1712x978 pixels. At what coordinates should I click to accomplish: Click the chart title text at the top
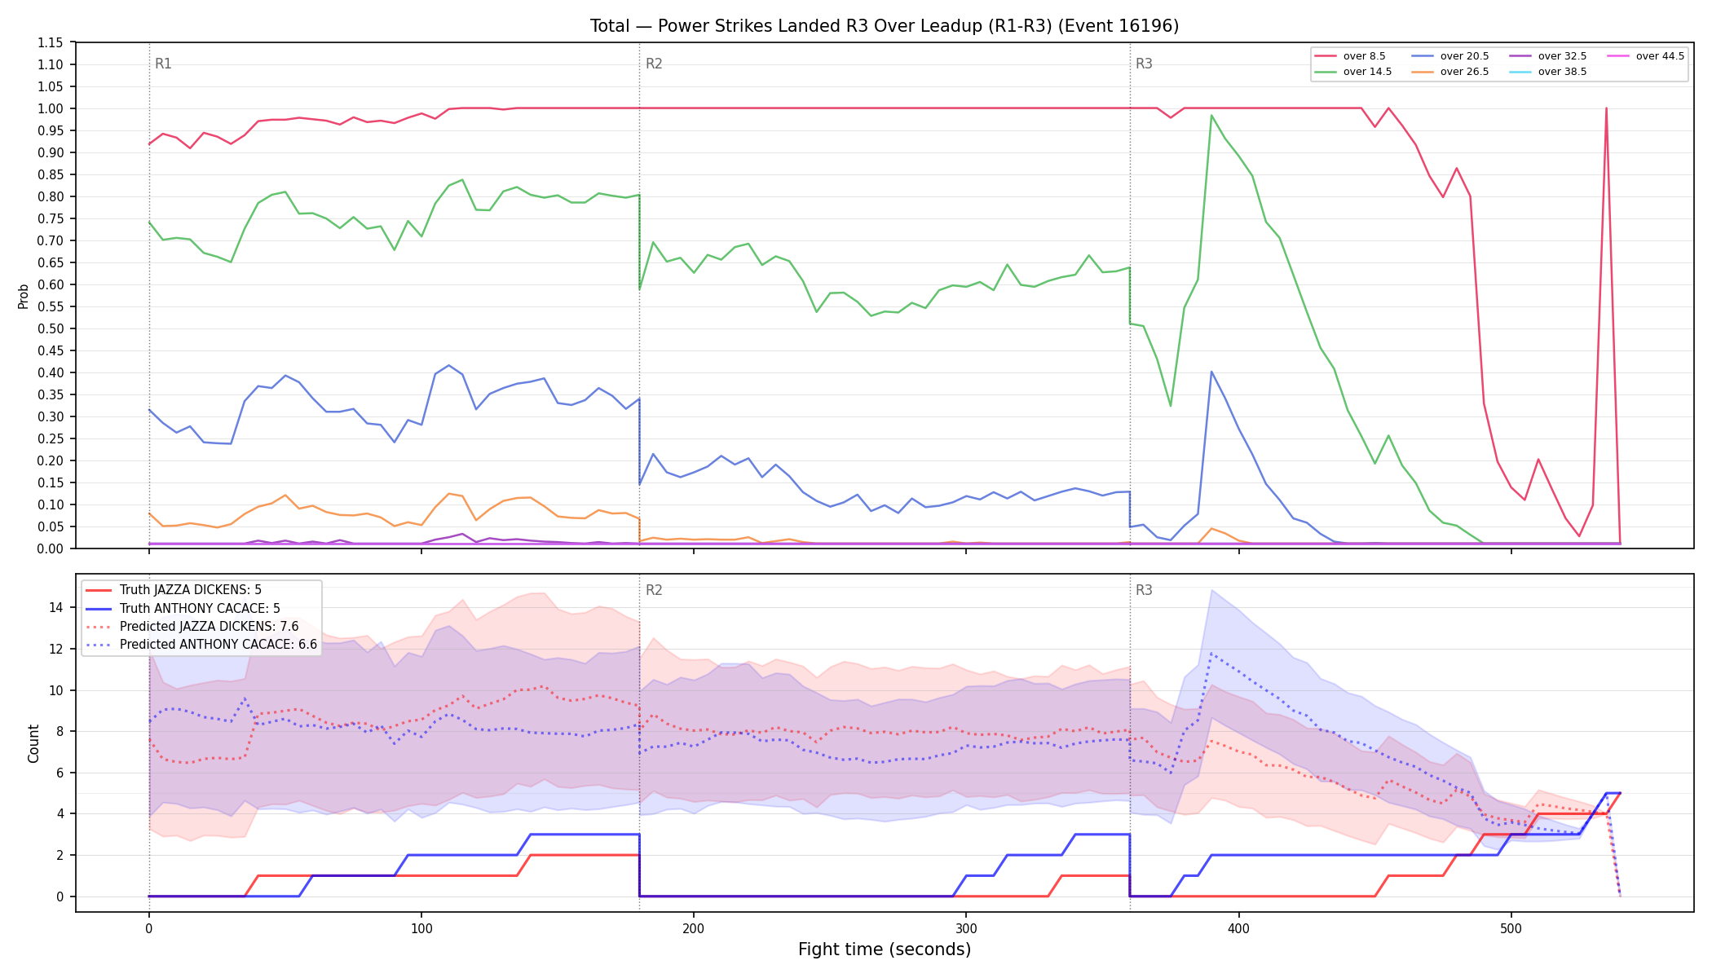click(x=885, y=26)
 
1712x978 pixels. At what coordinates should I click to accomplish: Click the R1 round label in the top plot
click(x=163, y=64)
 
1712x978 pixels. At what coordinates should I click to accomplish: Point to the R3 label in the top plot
click(x=1144, y=64)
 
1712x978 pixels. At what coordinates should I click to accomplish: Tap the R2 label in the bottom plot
click(x=654, y=590)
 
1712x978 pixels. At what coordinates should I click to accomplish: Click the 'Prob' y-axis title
click(x=24, y=296)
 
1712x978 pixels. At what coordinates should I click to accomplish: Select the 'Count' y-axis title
click(x=33, y=743)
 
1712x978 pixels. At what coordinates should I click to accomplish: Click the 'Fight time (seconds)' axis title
click(x=885, y=949)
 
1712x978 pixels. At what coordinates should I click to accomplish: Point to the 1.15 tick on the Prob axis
click(x=51, y=42)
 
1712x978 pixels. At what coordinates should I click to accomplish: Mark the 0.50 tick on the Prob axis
click(x=51, y=328)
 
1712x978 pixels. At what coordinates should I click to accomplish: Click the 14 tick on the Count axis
click(x=55, y=607)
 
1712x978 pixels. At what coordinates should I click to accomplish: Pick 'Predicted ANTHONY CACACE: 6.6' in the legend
click(x=218, y=645)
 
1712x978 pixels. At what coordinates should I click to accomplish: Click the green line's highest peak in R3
click(x=1211, y=116)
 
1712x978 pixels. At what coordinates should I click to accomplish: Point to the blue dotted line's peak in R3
click(x=1212, y=654)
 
